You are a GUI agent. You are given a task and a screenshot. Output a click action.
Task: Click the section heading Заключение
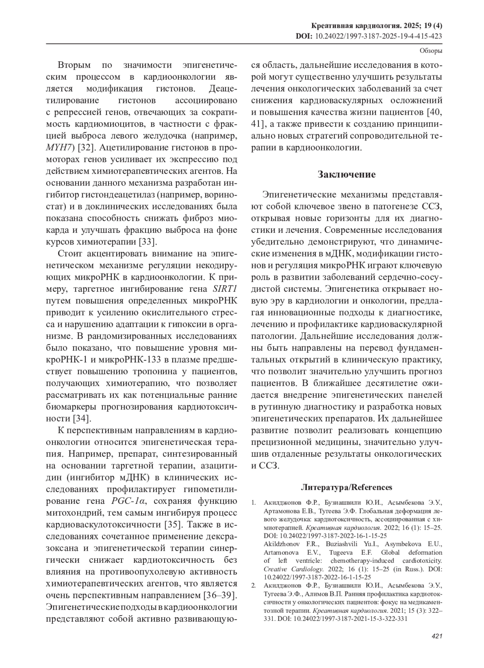(346, 175)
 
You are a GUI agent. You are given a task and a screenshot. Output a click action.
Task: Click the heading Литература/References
(346, 487)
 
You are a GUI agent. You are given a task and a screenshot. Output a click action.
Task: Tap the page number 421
(437, 636)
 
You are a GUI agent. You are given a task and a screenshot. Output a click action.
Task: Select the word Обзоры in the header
(431, 51)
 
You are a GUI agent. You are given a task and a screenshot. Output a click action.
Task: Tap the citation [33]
(148, 242)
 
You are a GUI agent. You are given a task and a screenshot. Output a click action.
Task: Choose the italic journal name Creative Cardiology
(294, 569)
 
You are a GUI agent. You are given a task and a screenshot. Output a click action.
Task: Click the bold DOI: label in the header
(304, 36)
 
